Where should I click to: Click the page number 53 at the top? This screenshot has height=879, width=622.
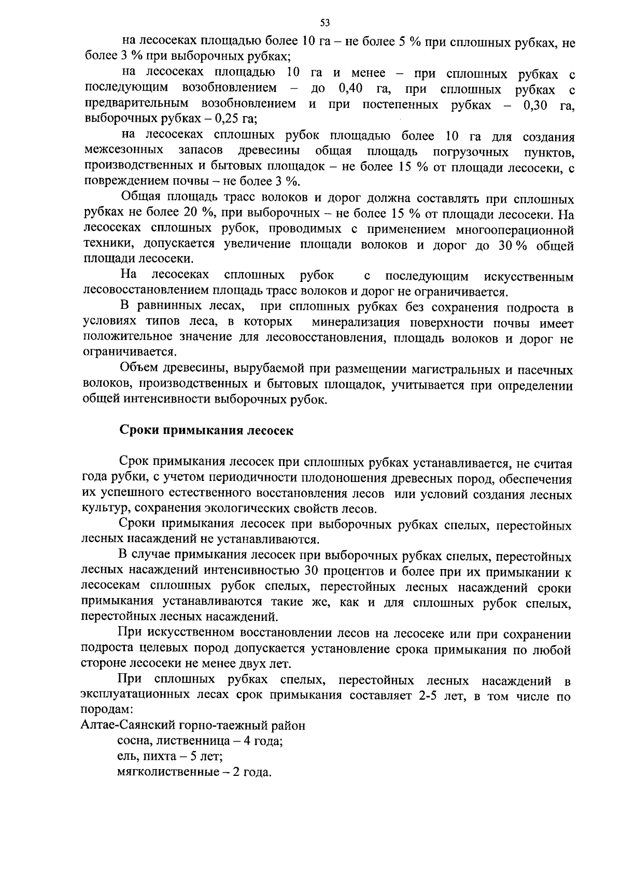coord(325,22)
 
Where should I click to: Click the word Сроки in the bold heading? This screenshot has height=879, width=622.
coord(138,431)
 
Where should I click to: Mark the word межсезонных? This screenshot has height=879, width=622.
coord(124,151)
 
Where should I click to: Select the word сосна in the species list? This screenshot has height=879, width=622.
coord(134,741)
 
